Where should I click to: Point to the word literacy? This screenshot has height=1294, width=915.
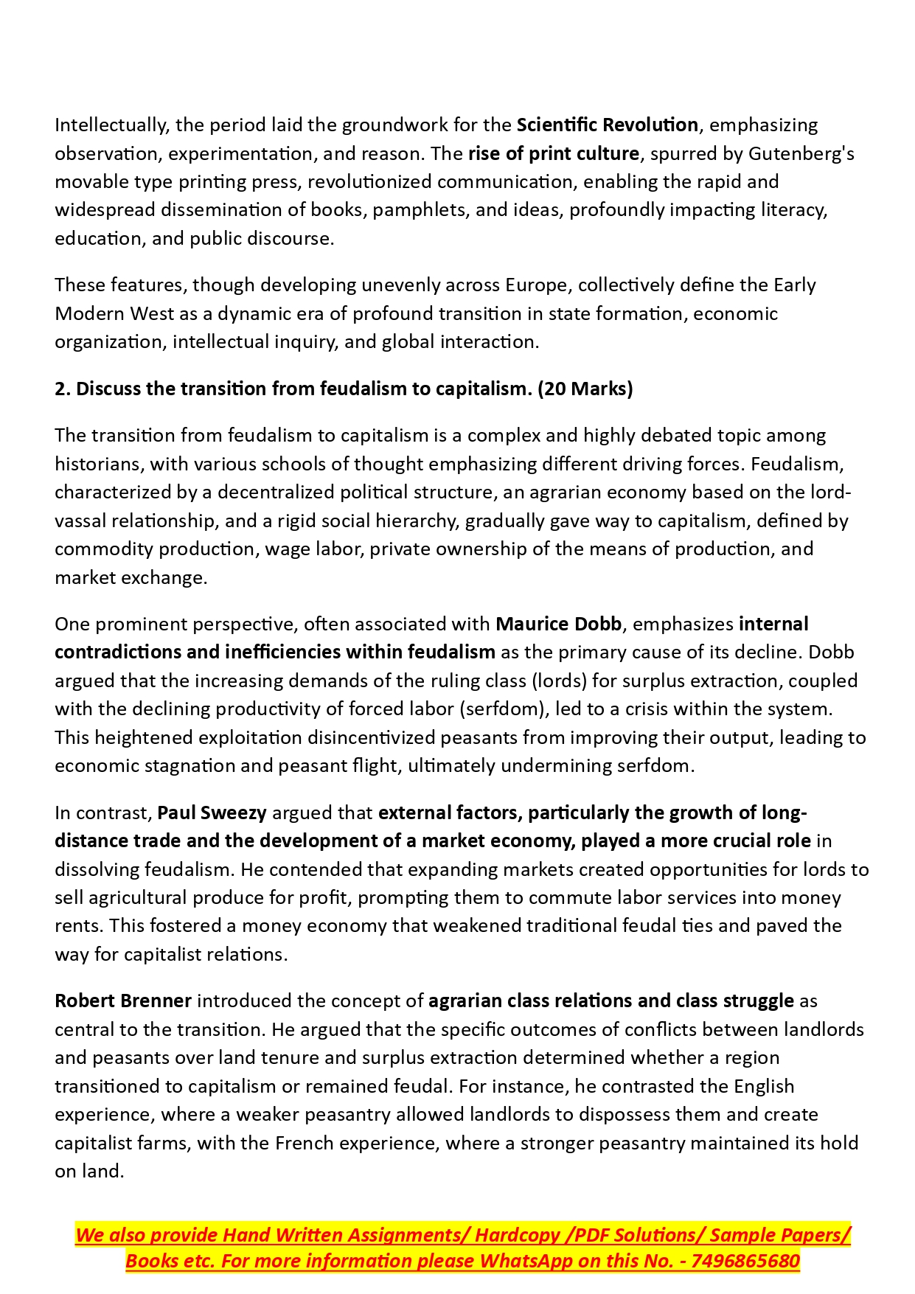(x=795, y=210)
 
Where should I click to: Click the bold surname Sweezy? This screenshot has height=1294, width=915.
(x=233, y=813)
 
